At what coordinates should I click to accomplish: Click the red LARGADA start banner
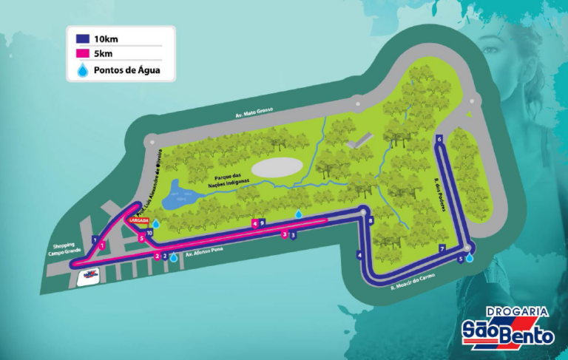(139, 220)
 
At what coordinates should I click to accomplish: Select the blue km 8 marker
(371, 220)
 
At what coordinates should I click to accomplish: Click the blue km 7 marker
(442, 249)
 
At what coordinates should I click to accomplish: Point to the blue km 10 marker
(149, 234)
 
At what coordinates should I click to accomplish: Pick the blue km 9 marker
(262, 222)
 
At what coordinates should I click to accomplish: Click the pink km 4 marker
(254, 222)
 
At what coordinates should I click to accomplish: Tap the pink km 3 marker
(285, 234)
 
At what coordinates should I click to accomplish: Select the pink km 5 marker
(141, 238)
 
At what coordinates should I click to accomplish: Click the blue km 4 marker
(359, 255)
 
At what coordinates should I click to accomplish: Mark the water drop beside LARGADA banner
(156, 222)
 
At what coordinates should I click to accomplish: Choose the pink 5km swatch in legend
(81, 55)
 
